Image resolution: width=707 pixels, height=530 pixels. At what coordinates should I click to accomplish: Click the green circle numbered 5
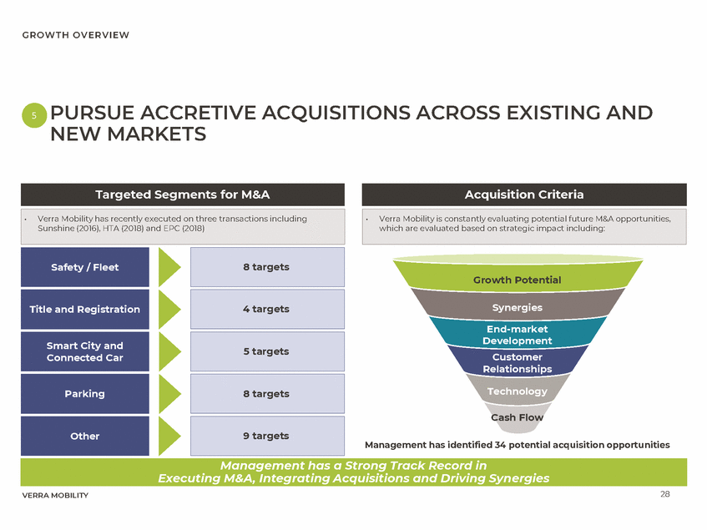pyautogui.click(x=33, y=117)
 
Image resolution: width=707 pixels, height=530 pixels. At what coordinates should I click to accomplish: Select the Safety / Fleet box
pyautogui.click(x=85, y=267)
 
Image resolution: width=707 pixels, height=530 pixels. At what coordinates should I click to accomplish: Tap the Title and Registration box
pyautogui.click(x=85, y=309)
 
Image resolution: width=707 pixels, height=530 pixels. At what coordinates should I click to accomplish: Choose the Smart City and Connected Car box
pyautogui.click(x=85, y=351)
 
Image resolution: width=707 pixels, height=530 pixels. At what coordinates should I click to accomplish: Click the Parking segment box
pyautogui.click(x=85, y=393)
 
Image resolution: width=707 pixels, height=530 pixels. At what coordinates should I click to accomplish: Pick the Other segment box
pyautogui.click(x=85, y=436)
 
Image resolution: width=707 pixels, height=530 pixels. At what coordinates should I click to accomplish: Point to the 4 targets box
pyautogui.click(x=267, y=309)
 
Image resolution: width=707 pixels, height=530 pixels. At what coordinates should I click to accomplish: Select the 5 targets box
pyautogui.click(x=267, y=351)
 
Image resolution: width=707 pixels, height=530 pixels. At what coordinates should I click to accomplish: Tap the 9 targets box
pyautogui.click(x=267, y=436)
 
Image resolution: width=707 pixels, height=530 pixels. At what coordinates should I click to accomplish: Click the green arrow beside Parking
pyautogui.click(x=169, y=393)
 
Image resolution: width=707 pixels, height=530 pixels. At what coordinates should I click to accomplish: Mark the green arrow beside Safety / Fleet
pyautogui.click(x=169, y=267)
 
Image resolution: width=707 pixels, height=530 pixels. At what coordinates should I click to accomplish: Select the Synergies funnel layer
pyautogui.click(x=517, y=307)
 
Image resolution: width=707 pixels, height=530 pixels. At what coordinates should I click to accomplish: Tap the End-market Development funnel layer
pyautogui.click(x=517, y=335)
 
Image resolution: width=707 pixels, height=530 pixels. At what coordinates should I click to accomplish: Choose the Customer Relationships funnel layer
pyautogui.click(x=517, y=363)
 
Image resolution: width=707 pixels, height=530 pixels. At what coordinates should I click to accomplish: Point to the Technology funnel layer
pyautogui.click(x=517, y=391)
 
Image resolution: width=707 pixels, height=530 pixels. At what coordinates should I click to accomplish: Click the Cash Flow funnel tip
pyautogui.click(x=517, y=417)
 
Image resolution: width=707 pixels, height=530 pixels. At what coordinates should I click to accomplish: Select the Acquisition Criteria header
pyautogui.click(x=523, y=194)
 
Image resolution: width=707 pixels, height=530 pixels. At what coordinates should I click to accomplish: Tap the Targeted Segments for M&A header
pyautogui.click(x=183, y=194)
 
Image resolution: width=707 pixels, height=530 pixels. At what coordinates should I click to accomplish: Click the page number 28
pyautogui.click(x=664, y=494)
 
